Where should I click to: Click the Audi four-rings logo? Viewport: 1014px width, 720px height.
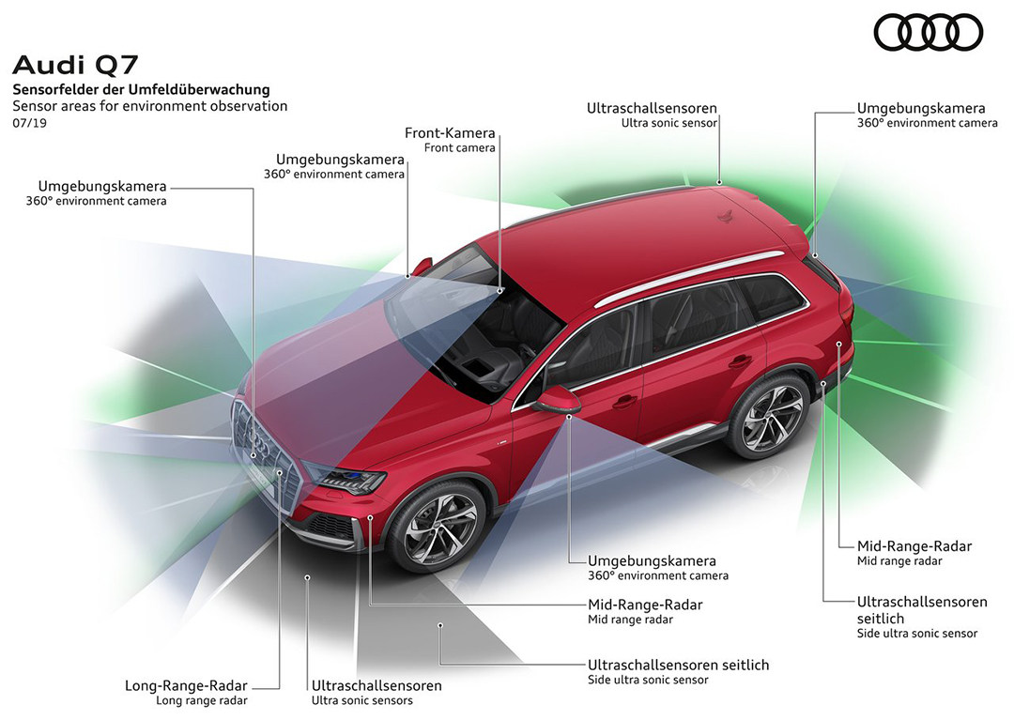(x=929, y=34)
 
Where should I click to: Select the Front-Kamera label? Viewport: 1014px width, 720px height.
(x=450, y=133)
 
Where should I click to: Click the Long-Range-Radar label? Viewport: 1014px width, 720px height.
(x=187, y=685)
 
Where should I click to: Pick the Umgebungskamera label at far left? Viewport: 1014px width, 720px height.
(x=102, y=186)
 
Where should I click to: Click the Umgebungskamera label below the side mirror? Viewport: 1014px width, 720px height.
(x=652, y=560)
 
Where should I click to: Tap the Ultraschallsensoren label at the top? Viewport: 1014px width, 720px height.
(x=652, y=109)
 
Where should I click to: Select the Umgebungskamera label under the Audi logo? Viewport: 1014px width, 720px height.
(x=921, y=109)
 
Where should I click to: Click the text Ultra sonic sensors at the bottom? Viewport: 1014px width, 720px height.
(x=361, y=700)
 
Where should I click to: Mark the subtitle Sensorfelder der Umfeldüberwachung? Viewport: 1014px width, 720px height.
(x=141, y=89)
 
